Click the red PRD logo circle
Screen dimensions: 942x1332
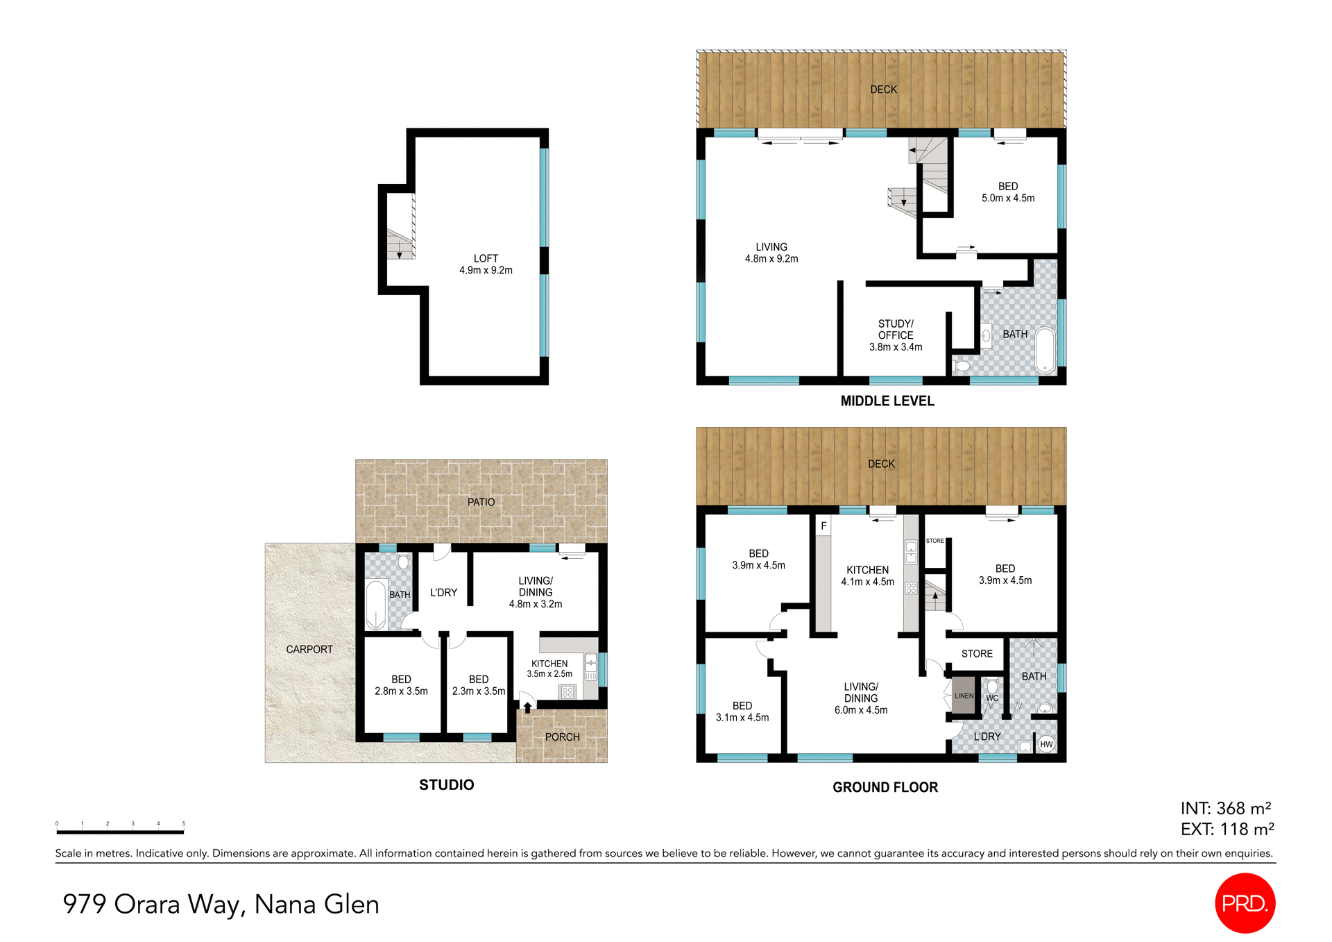pyautogui.click(x=1245, y=902)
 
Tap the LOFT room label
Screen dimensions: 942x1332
pyautogui.click(x=486, y=258)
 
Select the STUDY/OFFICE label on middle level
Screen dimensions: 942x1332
pyautogui.click(x=896, y=329)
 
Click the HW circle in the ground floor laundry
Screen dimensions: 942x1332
pyautogui.click(x=1046, y=744)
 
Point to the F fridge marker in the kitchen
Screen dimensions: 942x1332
pyautogui.click(x=823, y=525)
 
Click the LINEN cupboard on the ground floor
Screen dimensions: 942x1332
pyautogui.click(x=964, y=696)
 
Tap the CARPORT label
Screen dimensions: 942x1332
pyautogui.click(x=309, y=649)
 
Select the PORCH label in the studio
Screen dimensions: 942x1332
pyautogui.click(x=562, y=737)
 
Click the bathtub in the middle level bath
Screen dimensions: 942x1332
pyautogui.click(x=1045, y=351)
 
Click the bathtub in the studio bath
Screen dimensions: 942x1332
pyautogui.click(x=375, y=605)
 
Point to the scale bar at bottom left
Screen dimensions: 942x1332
pyautogui.click(x=120, y=831)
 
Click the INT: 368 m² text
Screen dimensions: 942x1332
pyautogui.click(x=1225, y=808)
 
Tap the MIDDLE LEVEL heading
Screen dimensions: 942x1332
pyautogui.click(x=887, y=401)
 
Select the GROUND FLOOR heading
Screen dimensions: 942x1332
pyautogui.click(x=885, y=787)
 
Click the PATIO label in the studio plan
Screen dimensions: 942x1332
pyautogui.click(x=481, y=502)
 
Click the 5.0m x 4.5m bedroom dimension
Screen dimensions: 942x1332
pyautogui.click(x=1007, y=199)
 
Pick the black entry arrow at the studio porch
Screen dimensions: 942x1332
pyautogui.click(x=527, y=707)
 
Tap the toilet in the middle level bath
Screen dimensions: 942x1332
pyautogui.click(x=962, y=365)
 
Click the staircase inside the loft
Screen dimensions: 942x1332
pyautogui.click(x=400, y=243)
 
